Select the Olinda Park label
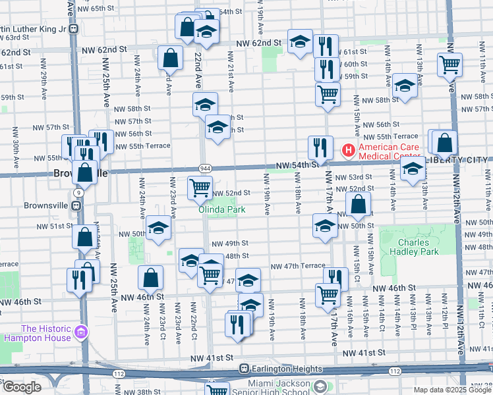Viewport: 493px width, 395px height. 223,209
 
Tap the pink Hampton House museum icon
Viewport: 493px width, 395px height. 80,330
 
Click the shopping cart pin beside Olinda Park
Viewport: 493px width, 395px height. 200,188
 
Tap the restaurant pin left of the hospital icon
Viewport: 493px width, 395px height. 320,147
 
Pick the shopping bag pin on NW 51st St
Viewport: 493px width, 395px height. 358,206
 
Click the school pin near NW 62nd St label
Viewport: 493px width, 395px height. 299,41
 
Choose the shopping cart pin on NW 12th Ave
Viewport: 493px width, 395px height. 449,65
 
